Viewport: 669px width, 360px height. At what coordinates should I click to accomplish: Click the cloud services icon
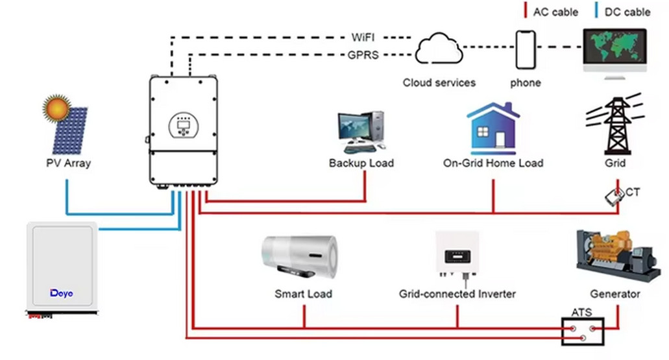click(439, 49)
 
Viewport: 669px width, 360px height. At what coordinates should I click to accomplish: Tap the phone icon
click(526, 50)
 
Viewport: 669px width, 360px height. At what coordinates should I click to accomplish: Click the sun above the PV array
click(56, 108)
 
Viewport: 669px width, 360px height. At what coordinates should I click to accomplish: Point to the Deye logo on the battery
click(62, 293)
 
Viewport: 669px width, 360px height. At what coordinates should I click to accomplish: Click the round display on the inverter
click(184, 125)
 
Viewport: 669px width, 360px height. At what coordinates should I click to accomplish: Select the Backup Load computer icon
click(361, 132)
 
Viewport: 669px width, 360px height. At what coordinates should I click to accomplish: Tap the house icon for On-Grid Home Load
click(493, 128)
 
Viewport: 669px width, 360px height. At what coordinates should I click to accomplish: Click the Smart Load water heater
click(300, 257)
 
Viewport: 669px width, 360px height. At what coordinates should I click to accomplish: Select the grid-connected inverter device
click(457, 256)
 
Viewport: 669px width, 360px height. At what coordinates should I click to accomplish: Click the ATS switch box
click(583, 331)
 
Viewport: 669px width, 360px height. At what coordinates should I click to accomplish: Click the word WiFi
click(363, 38)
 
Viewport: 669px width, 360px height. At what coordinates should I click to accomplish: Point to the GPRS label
click(363, 55)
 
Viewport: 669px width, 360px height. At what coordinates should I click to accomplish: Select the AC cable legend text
click(555, 12)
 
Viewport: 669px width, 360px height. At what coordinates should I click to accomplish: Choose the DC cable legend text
click(627, 12)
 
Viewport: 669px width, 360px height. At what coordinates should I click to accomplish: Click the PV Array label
click(68, 163)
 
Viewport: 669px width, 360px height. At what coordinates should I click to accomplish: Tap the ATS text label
click(581, 312)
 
